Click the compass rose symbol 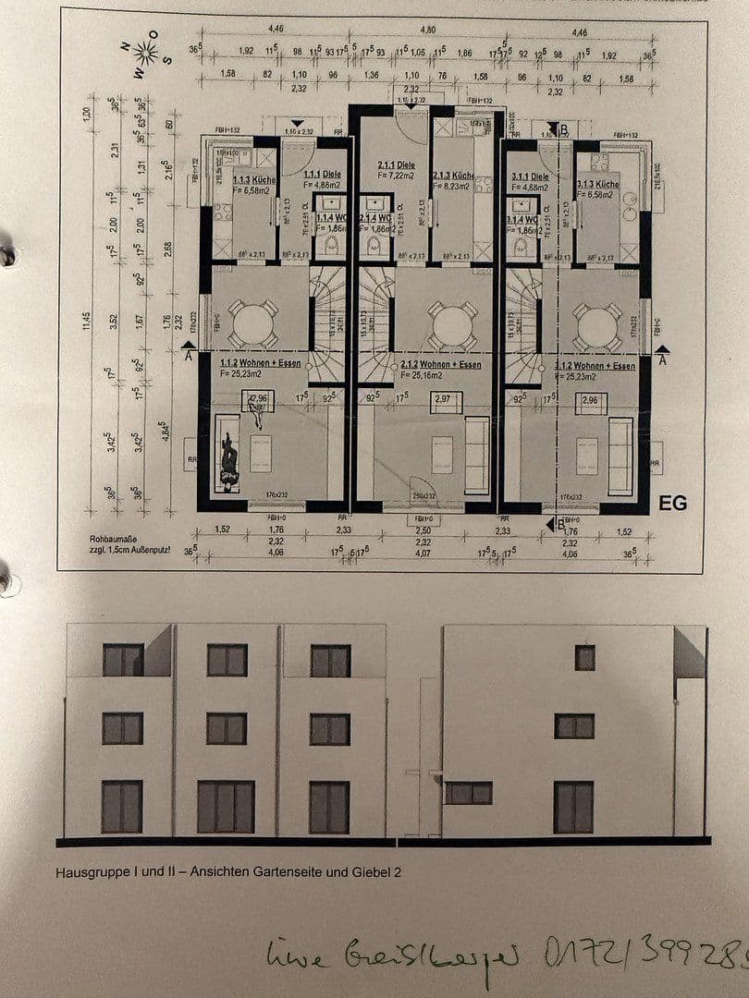coord(145,52)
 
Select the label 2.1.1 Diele coord(396,165)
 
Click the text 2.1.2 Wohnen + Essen coord(440,365)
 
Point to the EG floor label coord(672,503)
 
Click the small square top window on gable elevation coord(584,657)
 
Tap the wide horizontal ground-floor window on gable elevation coord(468,793)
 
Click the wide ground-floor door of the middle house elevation coord(226,806)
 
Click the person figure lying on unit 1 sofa coord(227,460)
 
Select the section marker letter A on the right coord(663,361)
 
